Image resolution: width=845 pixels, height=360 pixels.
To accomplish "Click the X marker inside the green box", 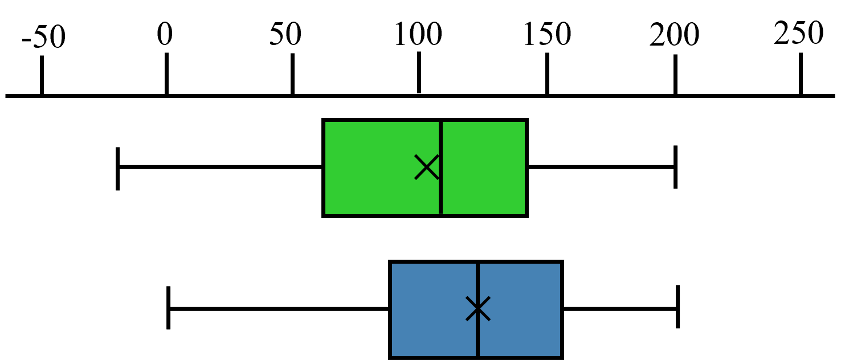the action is pyautogui.click(x=427, y=167).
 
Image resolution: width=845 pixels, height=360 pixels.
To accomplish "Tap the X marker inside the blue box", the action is pyautogui.click(x=478, y=309).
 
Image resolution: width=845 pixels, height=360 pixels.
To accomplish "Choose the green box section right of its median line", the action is pyautogui.click(x=484, y=168).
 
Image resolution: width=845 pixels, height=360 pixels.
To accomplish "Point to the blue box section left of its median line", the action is pyautogui.click(x=433, y=310).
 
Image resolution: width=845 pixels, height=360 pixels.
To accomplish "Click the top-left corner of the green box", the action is pyautogui.click(x=325, y=122).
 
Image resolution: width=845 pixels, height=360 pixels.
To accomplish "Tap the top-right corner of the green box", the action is pyautogui.click(x=525, y=122).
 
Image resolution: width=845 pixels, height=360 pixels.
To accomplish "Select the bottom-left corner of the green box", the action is pyautogui.click(x=325, y=214).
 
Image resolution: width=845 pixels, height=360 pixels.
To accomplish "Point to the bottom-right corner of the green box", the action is pyautogui.click(x=525, y=214).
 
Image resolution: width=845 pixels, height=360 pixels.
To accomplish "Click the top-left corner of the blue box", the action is pyautogui.click(x=392, y=264).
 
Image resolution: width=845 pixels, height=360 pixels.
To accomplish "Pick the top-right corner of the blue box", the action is pyautogui.click(x=560, y=264).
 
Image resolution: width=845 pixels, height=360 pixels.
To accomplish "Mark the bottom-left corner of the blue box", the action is pyautogui.click(x=392, y=356).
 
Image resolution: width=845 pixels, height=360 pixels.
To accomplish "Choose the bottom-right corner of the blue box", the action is pyautogui.click(x=560, y=356).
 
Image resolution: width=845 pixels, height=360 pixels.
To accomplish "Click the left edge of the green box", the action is pyautogui.click(x=325, y=168).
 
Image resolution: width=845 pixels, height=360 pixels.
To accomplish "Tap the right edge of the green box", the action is pyautogui.click(x=525, y=168).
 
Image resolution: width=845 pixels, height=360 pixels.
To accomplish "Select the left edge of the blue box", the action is pyautogui.click(x=392, y=310).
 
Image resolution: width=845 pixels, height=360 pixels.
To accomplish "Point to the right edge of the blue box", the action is pyautogui.click(x=560, y=310).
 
